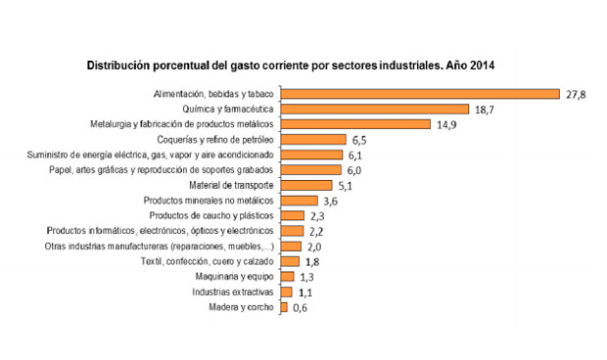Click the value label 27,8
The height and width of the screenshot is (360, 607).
point(576,94)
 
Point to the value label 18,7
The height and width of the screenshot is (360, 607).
point(486,110)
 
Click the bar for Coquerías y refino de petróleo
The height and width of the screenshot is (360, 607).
point(313,140)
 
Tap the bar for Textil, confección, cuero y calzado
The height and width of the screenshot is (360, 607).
point(290,261)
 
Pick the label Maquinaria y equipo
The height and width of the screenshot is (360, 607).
point(238,277)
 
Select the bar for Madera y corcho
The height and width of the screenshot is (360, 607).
point(284,307)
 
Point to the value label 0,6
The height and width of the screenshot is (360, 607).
point(302,308)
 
